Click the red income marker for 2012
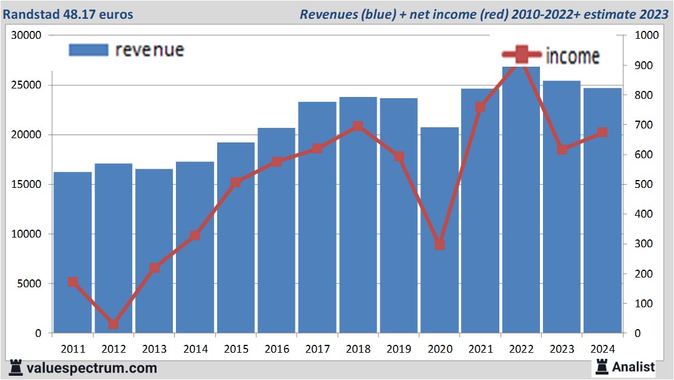[x=113, y=324]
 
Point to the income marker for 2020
[x=439, y=245]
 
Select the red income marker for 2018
[x=358, y=126]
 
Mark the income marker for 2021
[x=480, y=107]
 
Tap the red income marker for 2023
[x=562, y=149]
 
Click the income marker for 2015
[x=236, y=182]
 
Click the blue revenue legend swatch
[x=89, y=50]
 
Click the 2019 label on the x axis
[x=399, y=349]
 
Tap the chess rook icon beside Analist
[x=602, y=367]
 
